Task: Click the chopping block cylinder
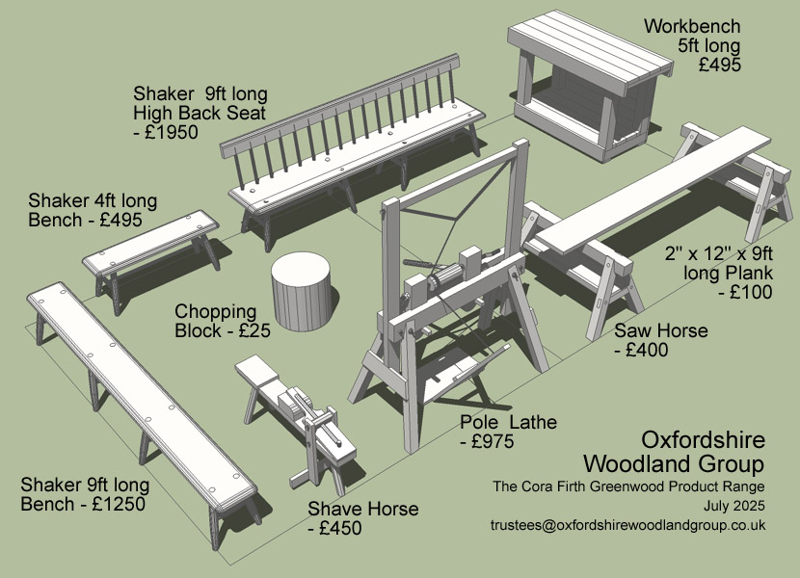302,291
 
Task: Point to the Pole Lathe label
508,423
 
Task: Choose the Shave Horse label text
363,509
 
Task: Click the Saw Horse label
661,331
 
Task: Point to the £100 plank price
747,293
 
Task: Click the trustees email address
627,525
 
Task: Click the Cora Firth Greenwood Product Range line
628,485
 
